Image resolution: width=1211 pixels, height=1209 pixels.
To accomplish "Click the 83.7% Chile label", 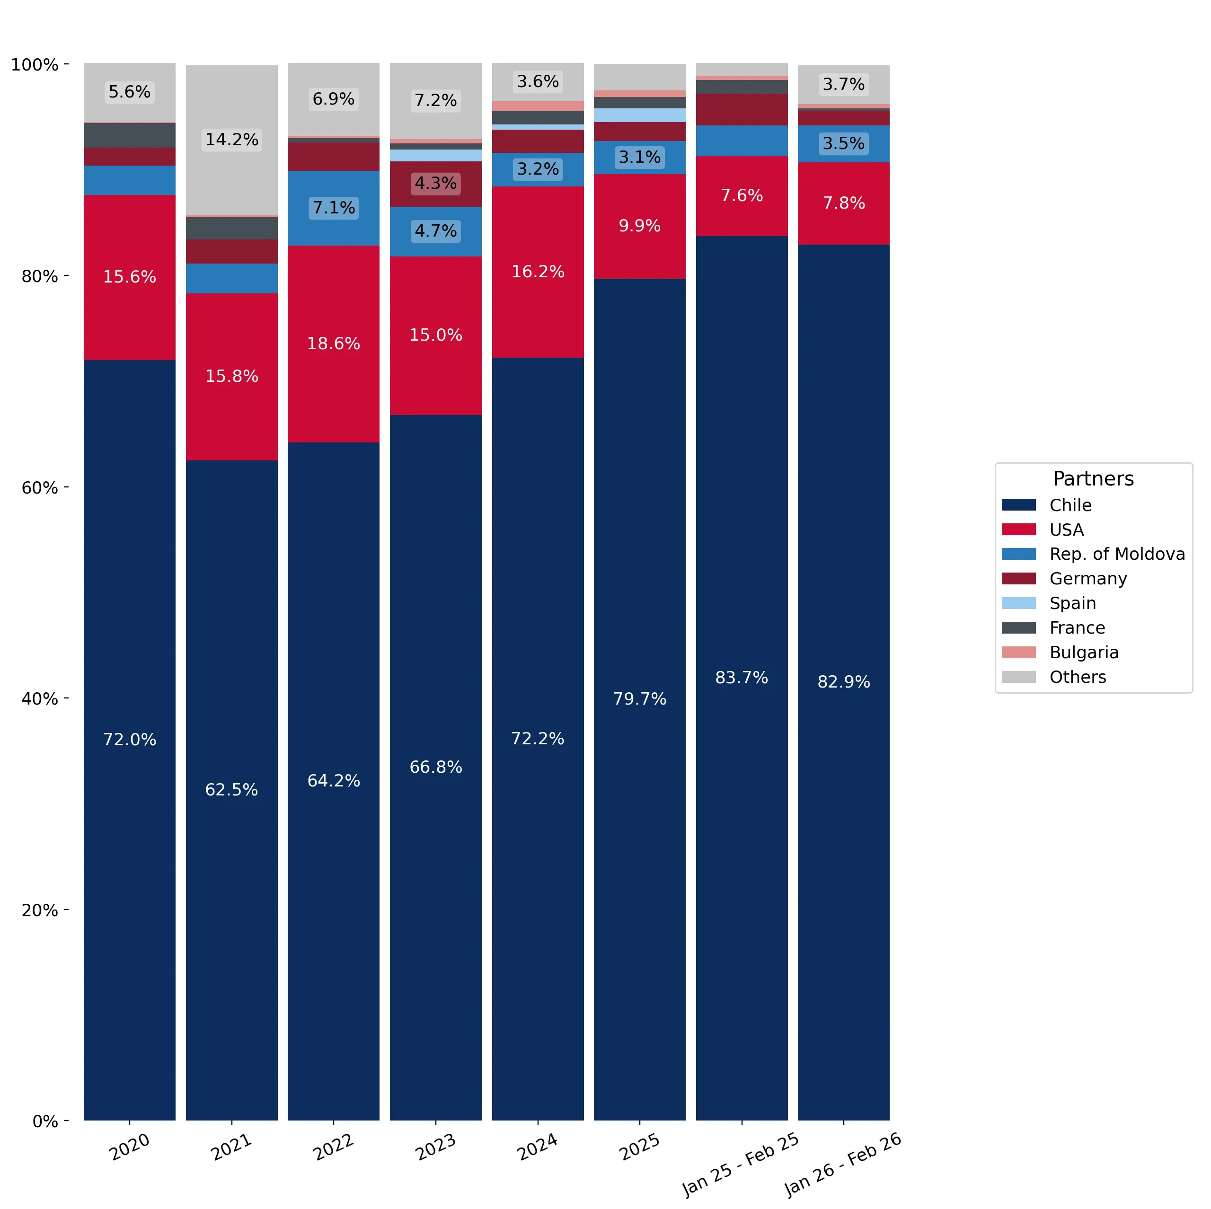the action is [742, 678].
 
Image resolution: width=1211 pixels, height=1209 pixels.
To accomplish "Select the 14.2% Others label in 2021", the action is [232, 139].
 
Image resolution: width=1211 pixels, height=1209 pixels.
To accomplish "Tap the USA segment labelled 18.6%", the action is [334, 344].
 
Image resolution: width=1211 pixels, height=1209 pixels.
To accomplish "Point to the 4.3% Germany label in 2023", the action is [436, 183].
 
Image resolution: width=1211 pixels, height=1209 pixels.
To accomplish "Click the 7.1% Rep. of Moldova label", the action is [334, 207].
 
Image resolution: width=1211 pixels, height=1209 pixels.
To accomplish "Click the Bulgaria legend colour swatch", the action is [1018, 653].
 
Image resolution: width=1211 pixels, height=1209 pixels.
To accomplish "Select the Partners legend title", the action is [1093, 479].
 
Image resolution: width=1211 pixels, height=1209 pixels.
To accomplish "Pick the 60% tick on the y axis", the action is [66, 487].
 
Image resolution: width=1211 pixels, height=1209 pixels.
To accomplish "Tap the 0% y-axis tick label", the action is [45, 1121].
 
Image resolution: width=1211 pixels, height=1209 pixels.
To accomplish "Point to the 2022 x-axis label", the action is [334, 1147].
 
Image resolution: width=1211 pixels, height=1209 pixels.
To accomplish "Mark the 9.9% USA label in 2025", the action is [639, 226].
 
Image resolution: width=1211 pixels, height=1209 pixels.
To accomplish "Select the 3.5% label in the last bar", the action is [844, 143].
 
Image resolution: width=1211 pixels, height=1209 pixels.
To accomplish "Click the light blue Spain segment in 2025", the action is [640, 115].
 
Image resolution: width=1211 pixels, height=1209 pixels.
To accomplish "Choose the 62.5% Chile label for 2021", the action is [232, 790].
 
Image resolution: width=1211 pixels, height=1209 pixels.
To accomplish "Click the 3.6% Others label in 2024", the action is [538, 81].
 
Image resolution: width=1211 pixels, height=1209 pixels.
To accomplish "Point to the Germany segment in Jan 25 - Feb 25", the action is [742, 110].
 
